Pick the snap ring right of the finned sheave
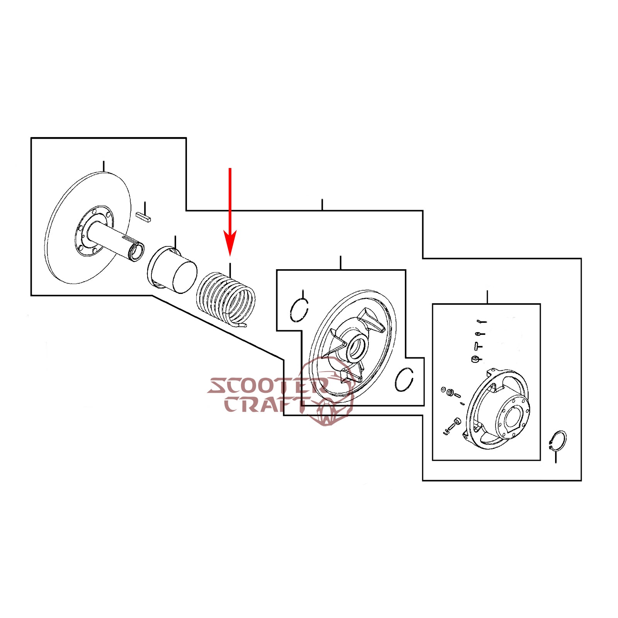[x=404, y=379]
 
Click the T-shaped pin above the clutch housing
[x=478, y=346]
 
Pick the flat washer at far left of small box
[x=443, y=389]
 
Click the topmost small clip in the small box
[x=482, y=321]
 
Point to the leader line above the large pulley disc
[x=104, y=166]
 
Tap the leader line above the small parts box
[x=487, y=297]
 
